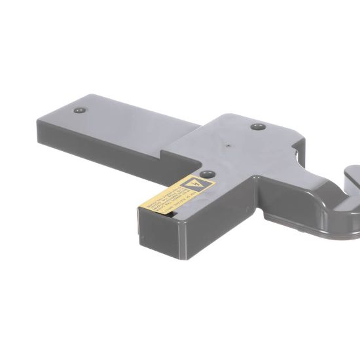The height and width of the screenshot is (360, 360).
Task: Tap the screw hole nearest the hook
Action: tap(258, 126)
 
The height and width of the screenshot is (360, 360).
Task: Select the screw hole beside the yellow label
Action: tap(207, 174)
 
